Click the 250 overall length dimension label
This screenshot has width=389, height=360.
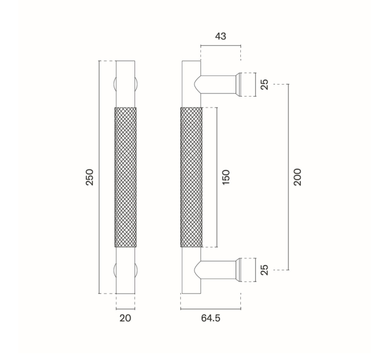[89, 177]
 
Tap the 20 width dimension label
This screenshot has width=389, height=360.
[125, 318]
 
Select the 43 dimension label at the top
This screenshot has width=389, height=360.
[221, 36]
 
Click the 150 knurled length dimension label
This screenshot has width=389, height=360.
[226, 177]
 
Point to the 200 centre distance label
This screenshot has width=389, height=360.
[297, 177]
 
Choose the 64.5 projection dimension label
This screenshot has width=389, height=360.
[211, 318]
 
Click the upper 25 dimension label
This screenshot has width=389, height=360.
[265, 85]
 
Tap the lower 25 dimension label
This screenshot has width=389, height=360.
[265, 270]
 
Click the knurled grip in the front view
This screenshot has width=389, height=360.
[125, 177]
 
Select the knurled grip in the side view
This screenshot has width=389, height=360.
[192, 177]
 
